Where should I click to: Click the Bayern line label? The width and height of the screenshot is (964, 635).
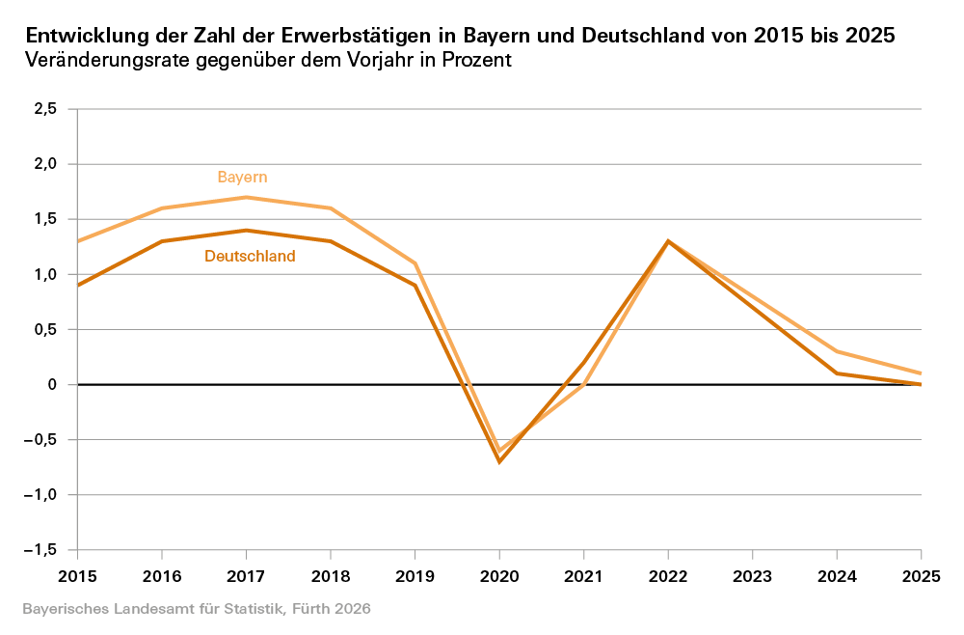[242, 178]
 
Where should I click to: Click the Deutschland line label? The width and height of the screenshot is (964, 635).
[250, 257]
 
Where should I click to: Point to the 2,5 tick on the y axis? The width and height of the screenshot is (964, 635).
[45, 109]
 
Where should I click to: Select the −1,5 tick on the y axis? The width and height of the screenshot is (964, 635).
[42, 550]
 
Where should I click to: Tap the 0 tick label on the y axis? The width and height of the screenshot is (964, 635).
[53, 385]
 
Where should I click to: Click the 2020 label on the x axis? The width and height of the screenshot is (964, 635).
[499, 575]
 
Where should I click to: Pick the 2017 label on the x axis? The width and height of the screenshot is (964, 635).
[246, 575]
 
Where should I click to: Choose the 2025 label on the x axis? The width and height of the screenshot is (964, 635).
[921, 575]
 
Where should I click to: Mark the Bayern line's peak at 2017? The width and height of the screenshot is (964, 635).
[246, 197]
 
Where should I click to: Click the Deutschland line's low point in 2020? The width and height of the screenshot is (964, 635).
[499, 461]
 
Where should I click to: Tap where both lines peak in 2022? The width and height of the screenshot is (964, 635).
[668, 241]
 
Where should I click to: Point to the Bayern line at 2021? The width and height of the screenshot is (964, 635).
[583, 384]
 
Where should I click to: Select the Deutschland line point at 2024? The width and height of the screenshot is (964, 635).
[837, 373]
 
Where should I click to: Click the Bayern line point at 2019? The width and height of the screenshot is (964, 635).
[415, 263]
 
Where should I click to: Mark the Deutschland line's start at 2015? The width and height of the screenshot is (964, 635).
[77, 286]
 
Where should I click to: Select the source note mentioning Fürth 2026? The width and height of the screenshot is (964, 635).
[196, 610]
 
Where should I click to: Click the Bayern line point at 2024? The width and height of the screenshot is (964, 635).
[837, 351]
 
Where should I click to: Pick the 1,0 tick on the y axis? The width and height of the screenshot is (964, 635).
[45, 274]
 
